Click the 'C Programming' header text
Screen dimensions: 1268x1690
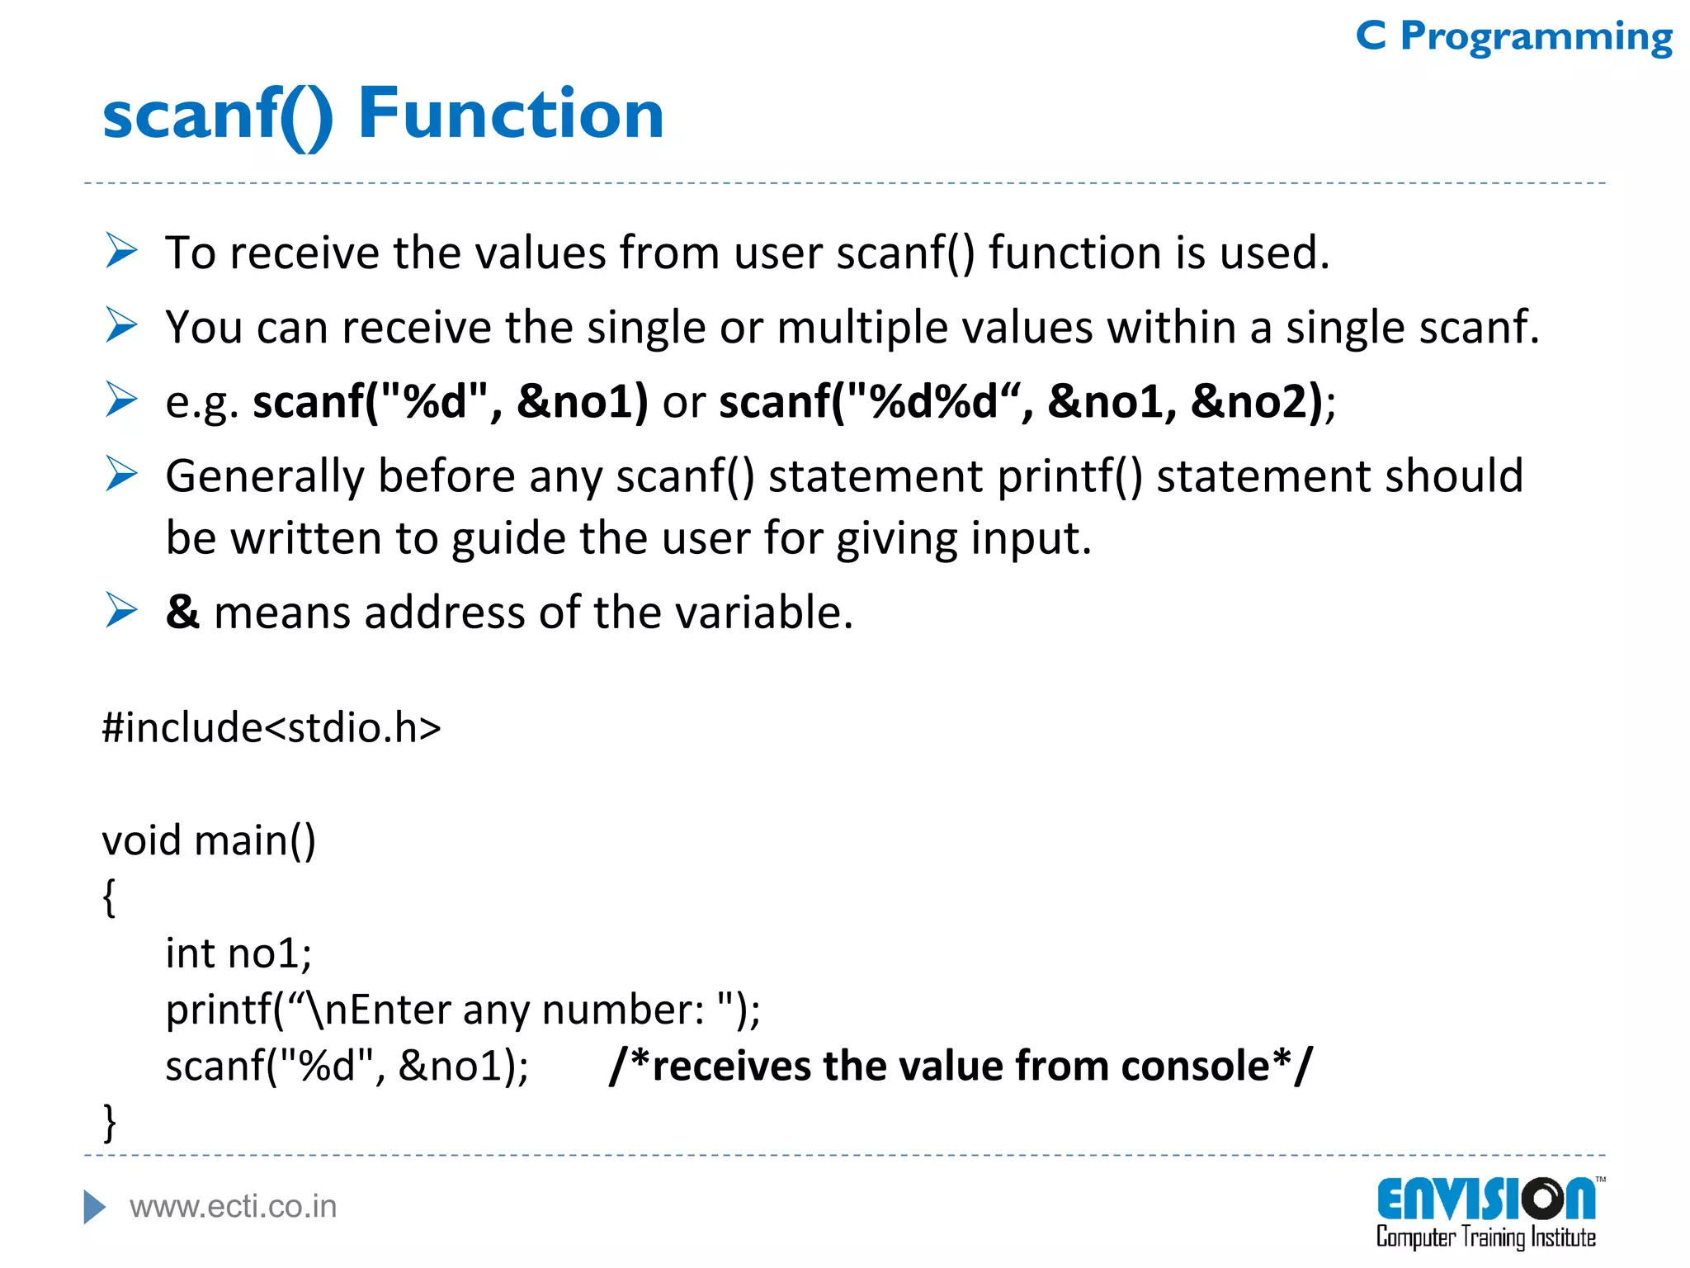pyautogui.click(x=1513, y=37)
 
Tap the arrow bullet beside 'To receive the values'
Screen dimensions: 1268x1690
pyautogui.click(x=121, y=251)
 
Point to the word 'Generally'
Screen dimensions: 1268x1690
pyautogui.click(x=264, y=477)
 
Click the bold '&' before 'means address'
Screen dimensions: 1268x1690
pyautogui.click(x=182, y=613)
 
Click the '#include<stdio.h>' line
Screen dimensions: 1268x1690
pyautogui.click(x=271, y=727)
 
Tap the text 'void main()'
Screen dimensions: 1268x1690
pyautogui.click(x=209, y=840)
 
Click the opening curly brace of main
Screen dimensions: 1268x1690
pyautogui.click(x=109, y=897)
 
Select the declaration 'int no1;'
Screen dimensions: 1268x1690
pyautogui.click(x=238, y=953)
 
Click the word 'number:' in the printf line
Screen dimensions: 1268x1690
pyautogui.click(x=623, y=1010)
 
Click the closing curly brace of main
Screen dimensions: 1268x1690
pyautogui.click(x=109, y=1122)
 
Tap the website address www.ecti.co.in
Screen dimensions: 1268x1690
pyautogui.click(x=233, y=1207)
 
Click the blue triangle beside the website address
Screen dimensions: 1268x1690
pyautogui.click(x=95, y=1207)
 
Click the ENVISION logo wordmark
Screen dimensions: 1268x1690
pyautogui.click(x=1485, y=1199)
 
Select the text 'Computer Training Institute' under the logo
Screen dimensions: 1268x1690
pyautogui.click(x=1485, y=1237)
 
